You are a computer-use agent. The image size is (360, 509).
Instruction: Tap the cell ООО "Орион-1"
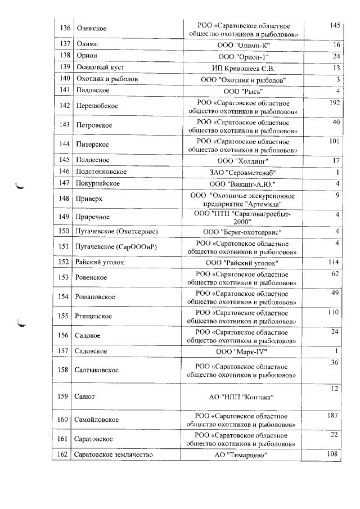click(x=244, y=57)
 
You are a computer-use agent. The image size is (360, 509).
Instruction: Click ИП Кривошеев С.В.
click(x=244, y=69)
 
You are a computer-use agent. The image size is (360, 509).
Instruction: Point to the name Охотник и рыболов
click(x=107, y=80)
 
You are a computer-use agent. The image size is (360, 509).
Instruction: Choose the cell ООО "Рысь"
click(x=244, y=91)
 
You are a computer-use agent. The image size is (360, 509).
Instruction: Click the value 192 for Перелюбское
click(x=335, y=103)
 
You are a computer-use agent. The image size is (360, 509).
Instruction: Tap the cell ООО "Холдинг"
click(x=244, y=160)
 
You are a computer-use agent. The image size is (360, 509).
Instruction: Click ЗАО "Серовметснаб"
click(x=244, y=172)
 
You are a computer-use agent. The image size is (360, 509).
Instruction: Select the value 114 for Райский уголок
click(x=335, y=263)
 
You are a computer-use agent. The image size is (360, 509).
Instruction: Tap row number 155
click(x=64, y=316)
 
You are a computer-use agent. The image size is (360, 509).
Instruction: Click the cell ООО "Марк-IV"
click(x=244, y=352)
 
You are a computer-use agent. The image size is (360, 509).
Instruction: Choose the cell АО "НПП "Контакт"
click(x=244, y=397)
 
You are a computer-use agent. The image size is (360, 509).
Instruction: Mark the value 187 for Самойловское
click(x=335, y=416)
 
